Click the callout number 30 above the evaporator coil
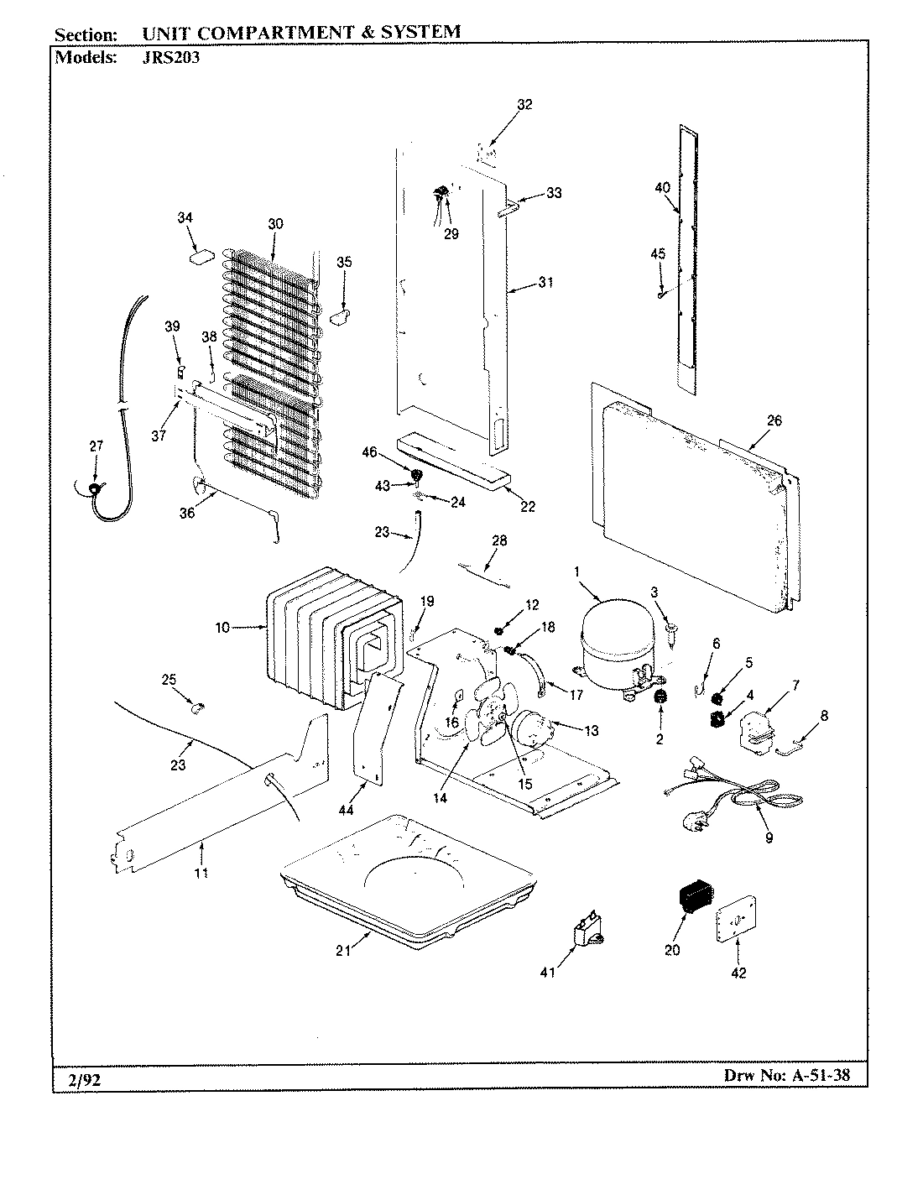coord(276,224)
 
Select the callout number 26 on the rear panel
coord(774,420)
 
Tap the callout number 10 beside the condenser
coord(220,627)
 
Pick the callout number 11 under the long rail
coord(202,873)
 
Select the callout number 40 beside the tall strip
coord(662,188)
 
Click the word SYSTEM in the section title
coord(417,33)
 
